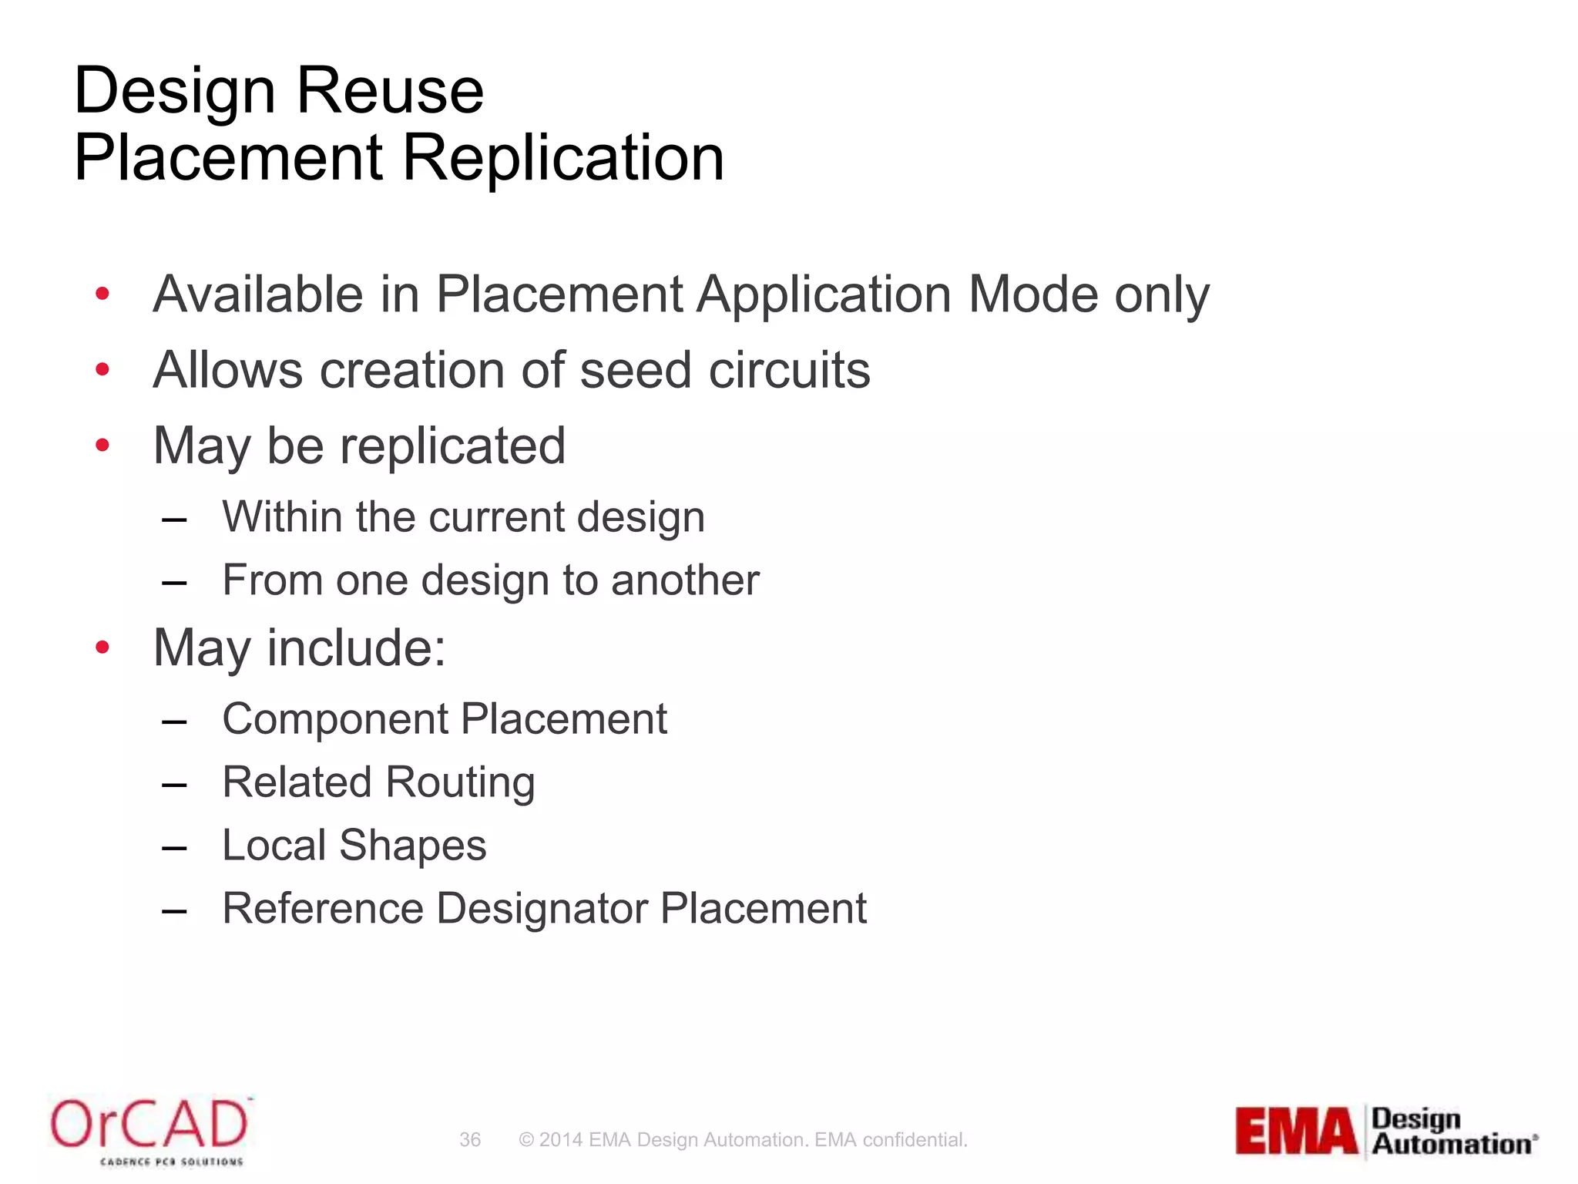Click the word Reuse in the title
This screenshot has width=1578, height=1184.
pos(390,92)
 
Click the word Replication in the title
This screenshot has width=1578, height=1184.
pos(563,158)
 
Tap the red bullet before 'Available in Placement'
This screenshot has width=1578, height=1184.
pos(102,294)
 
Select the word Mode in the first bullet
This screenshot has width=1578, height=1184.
pos(1033,294)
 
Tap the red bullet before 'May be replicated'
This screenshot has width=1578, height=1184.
pos(102,445)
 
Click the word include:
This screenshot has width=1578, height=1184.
pos(357,647)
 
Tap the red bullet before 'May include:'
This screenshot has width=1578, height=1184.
pos(102,647)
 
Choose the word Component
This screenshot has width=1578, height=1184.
pos(335,720)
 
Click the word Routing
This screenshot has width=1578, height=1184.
pos(460,783)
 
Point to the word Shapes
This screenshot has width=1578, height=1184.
pos(413,846)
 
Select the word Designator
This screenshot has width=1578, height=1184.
pos(542,909)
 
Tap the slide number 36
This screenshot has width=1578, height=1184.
pos(470,1139)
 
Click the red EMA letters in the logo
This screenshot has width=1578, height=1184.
pos(1297,1132)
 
